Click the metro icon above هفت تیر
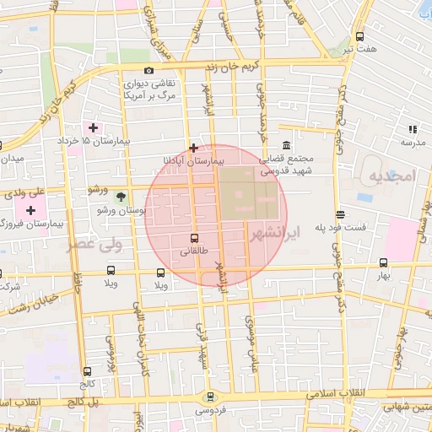click(x=360, y=37)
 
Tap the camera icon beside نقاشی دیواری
click(x=148, y=71)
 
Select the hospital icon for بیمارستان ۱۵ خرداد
click(x=93, y=127)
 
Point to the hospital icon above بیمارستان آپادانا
click(x=194, y=147)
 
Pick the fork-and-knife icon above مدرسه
click(x=413, y=129)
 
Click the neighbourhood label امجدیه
click(x=392, y=175)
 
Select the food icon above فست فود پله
click(x=340, y=214)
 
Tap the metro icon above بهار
click(x=384, y=263)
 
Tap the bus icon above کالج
click(x=87, y=370)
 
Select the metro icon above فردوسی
click(x=210, y=397)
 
